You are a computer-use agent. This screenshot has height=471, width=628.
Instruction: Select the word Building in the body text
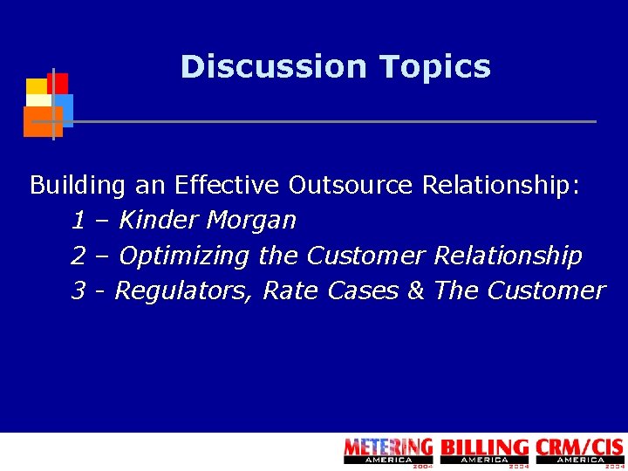pyautogui.click(x=78, y=185)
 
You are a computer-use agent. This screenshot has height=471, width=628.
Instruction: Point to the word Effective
pyautogui.click(x=227, y=185)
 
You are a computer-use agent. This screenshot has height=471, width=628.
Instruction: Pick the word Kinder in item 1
pyautogui.click(x=159, y=221)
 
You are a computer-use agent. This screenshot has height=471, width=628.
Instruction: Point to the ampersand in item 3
pyautogui.click(x=415, y=290)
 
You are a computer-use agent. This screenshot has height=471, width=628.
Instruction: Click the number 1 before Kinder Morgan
pyautogui.click(x=78, y=221)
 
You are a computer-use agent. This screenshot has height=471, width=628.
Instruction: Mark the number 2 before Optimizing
pyautogui.click(x=78, y=256)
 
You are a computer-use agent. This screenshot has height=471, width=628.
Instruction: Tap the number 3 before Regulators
pyautogui.click(x=78, y=290)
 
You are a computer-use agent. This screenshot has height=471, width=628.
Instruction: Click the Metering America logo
pyautogui.click(x=388, y=451)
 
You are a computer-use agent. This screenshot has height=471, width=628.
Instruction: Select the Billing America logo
pyautogui.click(x=485, y=451)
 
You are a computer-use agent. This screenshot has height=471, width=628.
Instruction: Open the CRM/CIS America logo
pyautogui.click(x=580, y=451)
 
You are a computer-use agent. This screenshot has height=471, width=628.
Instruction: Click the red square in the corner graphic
pyautogui.click(x=58, y=82)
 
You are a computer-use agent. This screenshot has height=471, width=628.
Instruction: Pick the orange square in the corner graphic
pyautogui.click(x=40, y=122)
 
